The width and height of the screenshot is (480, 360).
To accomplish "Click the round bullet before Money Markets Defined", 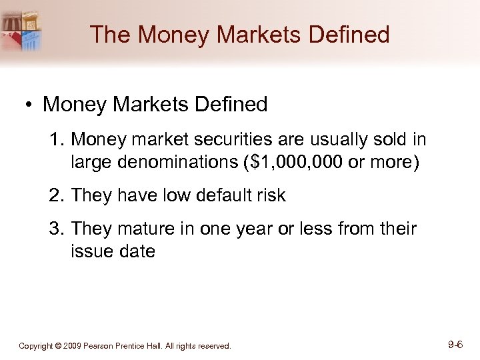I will point(28,105).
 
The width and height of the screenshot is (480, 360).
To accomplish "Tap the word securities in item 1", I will point(211,139).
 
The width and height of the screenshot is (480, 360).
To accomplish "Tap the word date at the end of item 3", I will point(138,251).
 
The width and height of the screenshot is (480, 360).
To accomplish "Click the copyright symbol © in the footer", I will point(59,346).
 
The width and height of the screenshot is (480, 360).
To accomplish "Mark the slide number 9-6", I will point(456,345).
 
